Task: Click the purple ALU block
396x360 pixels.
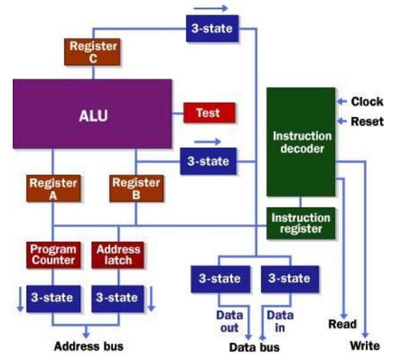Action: [x=92, y=114]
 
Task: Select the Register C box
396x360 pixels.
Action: [x=92, y=52]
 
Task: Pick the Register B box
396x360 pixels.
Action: [x=135, y=189]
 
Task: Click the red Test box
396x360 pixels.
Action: [x=208, y=112]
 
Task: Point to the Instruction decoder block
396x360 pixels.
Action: [x=301, y=142]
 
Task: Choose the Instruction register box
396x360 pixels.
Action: [x=301, y=223]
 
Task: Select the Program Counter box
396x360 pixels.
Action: [x=53, y=255]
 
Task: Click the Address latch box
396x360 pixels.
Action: [x=118, y=255]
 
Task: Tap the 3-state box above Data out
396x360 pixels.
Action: [x=219, y=279]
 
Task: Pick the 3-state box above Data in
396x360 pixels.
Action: [x=288, y=279]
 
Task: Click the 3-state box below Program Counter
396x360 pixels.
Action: [x=52, y=297]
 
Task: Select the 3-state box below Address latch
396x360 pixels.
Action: [x=117, y=297]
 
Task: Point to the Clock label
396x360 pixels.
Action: [x=367, y=102]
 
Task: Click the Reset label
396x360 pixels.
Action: [x=367, y=122]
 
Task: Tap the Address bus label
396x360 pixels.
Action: [x=89, y=347]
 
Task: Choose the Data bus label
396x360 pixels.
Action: [x=254, y=348]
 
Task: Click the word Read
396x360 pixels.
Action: [x=342, y=324]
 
